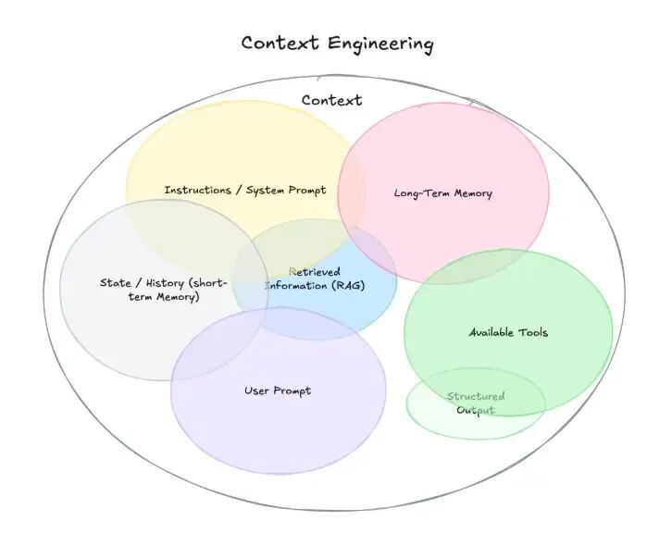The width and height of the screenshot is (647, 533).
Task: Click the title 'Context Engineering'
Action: pos(337,43)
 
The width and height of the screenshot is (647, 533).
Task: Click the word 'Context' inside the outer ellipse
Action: pos(331,100)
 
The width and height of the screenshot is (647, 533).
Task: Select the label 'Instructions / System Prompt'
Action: pos(245,191)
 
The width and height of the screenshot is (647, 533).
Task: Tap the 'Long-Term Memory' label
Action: pos(442,193)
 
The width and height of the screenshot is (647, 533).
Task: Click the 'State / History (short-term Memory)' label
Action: pos(163,290)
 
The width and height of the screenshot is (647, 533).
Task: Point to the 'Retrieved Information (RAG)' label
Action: pos(315,279)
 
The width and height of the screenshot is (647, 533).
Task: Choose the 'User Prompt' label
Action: pos(278,390)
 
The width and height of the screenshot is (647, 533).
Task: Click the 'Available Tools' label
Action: pos(508,332)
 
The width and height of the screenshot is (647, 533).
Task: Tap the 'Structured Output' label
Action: pos(476,403)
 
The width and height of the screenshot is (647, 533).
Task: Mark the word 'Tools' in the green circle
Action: pos(533,332)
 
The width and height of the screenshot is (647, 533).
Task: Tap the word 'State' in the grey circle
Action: pos(115,282)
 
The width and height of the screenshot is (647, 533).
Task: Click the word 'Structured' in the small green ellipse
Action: pos(476,396)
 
